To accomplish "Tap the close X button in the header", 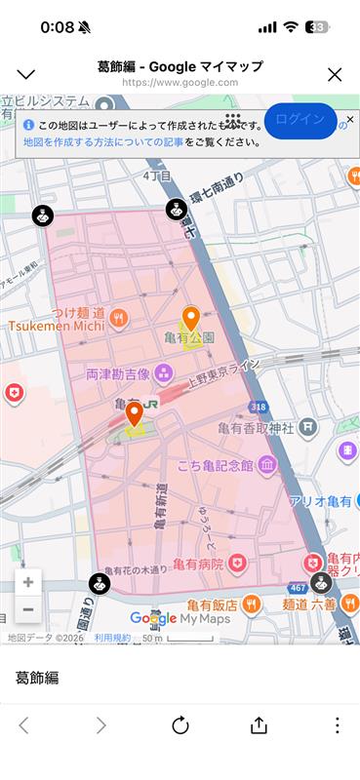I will (x=335, y=74).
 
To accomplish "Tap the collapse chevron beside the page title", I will (x=26, y=74).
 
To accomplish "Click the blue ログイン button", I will (x=300, y=119).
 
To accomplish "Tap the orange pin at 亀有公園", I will (x=191, y=319).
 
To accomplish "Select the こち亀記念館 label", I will (x=216, y=466).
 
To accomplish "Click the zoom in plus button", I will (x=28, y=582).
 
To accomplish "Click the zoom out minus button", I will (x=28, y=609).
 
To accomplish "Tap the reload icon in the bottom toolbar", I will (x=180, y=725).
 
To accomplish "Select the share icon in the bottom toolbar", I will (x=259, y=725).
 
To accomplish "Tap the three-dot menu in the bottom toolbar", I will (x=337, y=725).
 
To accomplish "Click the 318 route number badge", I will (x=257, y=407).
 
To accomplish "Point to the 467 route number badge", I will (x=298, y=588).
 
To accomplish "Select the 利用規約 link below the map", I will (x=112, y=638).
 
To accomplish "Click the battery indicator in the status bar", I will (x=317, y=27).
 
